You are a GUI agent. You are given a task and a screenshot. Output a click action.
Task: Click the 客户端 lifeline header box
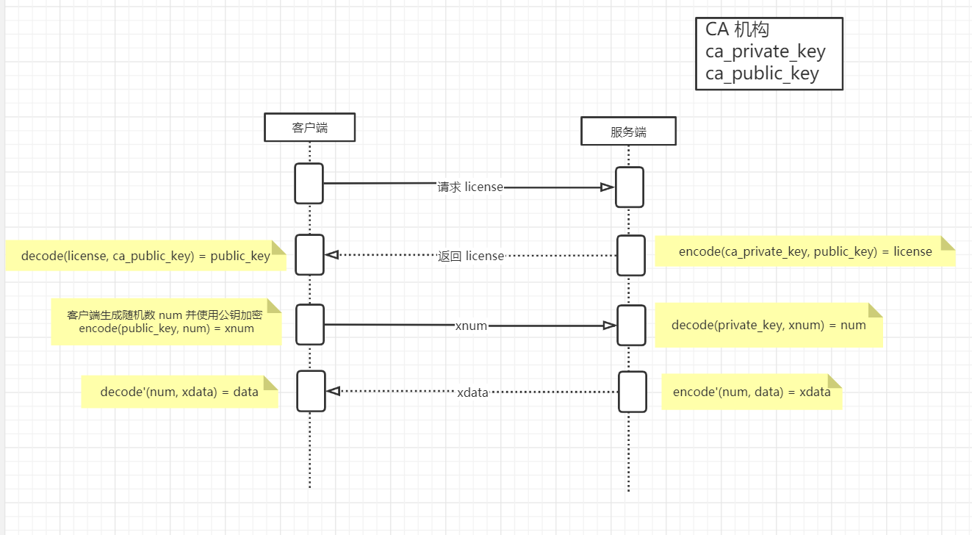pyautogui.click(x=309, y=127)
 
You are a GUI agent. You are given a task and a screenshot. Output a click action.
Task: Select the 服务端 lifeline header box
pyautogui.click(x=628, y=131)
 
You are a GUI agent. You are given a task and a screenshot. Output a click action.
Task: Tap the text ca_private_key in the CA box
pyautogui.click(x=765, y=51)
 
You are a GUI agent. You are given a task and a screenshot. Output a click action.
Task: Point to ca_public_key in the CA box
pyautogui.click(x=762, y=73)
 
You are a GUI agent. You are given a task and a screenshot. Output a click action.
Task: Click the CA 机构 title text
pyautogui.click(x=737, y=29)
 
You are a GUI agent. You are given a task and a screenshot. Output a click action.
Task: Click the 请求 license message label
pyautogui.click(x=470, y=187)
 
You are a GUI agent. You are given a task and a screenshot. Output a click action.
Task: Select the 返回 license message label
pyautogui.click(x=471, y=256)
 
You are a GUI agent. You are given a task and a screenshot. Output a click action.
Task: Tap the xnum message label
pyautogui.click(x=471, y=326)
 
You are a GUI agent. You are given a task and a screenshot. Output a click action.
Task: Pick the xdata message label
pyautogui.click(x=472, y=392)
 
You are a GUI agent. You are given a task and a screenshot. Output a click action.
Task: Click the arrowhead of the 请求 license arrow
pyautogui.click(x=608, y=187)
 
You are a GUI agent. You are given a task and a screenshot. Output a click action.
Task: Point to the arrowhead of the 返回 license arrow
pyautogui.click(x=332, y=255)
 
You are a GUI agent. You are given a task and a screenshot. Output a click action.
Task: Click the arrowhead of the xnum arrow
pyautogui.click(x=610, y=326)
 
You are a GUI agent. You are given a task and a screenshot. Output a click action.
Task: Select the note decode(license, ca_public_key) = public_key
pyautogui.click(x=145, y=256)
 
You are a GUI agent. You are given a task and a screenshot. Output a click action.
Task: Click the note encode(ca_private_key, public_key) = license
pyautogui.click(x=805, y=251)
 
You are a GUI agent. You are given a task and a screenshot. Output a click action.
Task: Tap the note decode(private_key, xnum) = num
pyautogui.click(x=769, y=325)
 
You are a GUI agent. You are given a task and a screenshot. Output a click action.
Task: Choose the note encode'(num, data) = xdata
pyautogui.click(x=752, y=392)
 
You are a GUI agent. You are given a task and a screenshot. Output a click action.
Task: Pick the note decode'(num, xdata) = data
pyautogui.click(x=180, y=392)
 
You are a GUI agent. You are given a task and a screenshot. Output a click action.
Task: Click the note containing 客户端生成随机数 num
pyautogui.click(x=166, y=322)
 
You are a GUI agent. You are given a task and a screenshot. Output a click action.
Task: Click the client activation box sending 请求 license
pyautogui.click(x=309, y=184)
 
